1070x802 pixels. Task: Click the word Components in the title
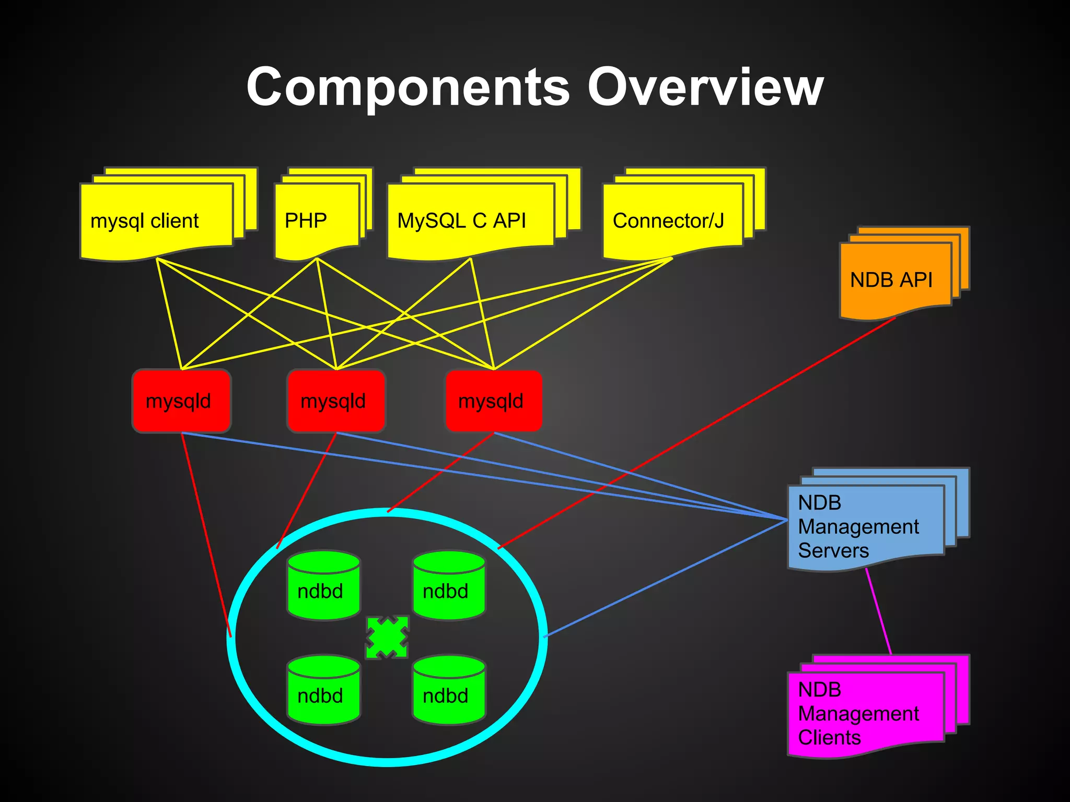[x=408, y=88]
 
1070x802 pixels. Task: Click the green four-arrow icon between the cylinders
[x=387, y=638]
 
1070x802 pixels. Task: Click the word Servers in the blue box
[x=833, y=551]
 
